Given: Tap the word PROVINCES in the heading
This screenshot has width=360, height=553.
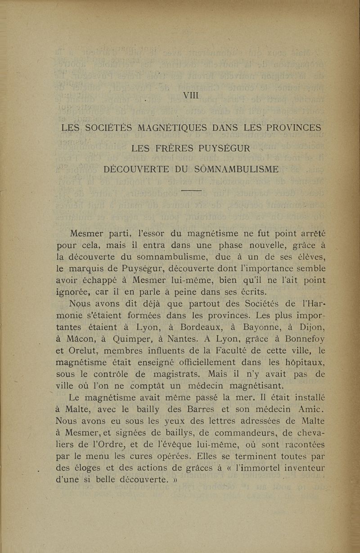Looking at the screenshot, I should click(x=294, y=127).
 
